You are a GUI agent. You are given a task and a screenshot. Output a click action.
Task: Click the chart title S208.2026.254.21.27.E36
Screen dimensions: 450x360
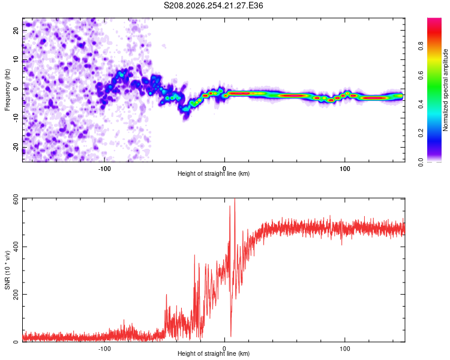[x=213, y=5]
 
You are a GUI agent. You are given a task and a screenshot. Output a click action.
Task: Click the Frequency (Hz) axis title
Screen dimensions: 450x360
[x=7, y=89]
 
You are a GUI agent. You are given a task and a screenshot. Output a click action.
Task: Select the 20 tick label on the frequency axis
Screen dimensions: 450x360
[x=16, y=31]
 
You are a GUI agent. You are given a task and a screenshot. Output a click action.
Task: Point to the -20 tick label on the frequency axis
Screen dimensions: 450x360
[x=16, y=147]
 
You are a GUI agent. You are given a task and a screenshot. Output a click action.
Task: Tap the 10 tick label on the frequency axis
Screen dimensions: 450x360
[x=16, y=59]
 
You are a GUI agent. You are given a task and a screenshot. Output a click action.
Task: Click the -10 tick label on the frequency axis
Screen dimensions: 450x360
[x=16, y=118]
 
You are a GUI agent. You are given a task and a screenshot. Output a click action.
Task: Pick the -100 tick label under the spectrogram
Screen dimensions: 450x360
[x=104, y=169]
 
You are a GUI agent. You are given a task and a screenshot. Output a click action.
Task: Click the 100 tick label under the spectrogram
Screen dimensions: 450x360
[x=344, y=169]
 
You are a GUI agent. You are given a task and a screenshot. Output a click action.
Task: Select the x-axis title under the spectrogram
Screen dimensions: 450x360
[x=214, y=173]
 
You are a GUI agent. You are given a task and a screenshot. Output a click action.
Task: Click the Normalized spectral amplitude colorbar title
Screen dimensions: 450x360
[x=445, y=90]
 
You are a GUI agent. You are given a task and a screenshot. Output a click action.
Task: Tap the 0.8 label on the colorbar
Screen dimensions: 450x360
[x=421, y=46]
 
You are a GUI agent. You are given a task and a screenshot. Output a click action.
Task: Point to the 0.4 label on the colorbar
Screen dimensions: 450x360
[x=421, y=104]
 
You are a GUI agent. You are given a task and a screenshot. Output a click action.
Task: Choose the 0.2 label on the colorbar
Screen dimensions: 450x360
[x=421, y=133]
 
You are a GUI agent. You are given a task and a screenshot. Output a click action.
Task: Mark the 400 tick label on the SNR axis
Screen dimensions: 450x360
[x=16, y=247]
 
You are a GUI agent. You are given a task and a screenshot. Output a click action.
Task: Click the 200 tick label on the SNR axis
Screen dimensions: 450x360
[x=16, y=295]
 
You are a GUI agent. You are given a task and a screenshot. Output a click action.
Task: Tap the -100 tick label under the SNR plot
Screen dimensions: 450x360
[x=104, y=349]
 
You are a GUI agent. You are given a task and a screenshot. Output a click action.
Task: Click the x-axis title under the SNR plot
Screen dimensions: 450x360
[x=214, y=353]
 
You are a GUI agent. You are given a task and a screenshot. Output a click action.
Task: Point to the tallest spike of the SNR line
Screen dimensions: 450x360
[x=235, y=199]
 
